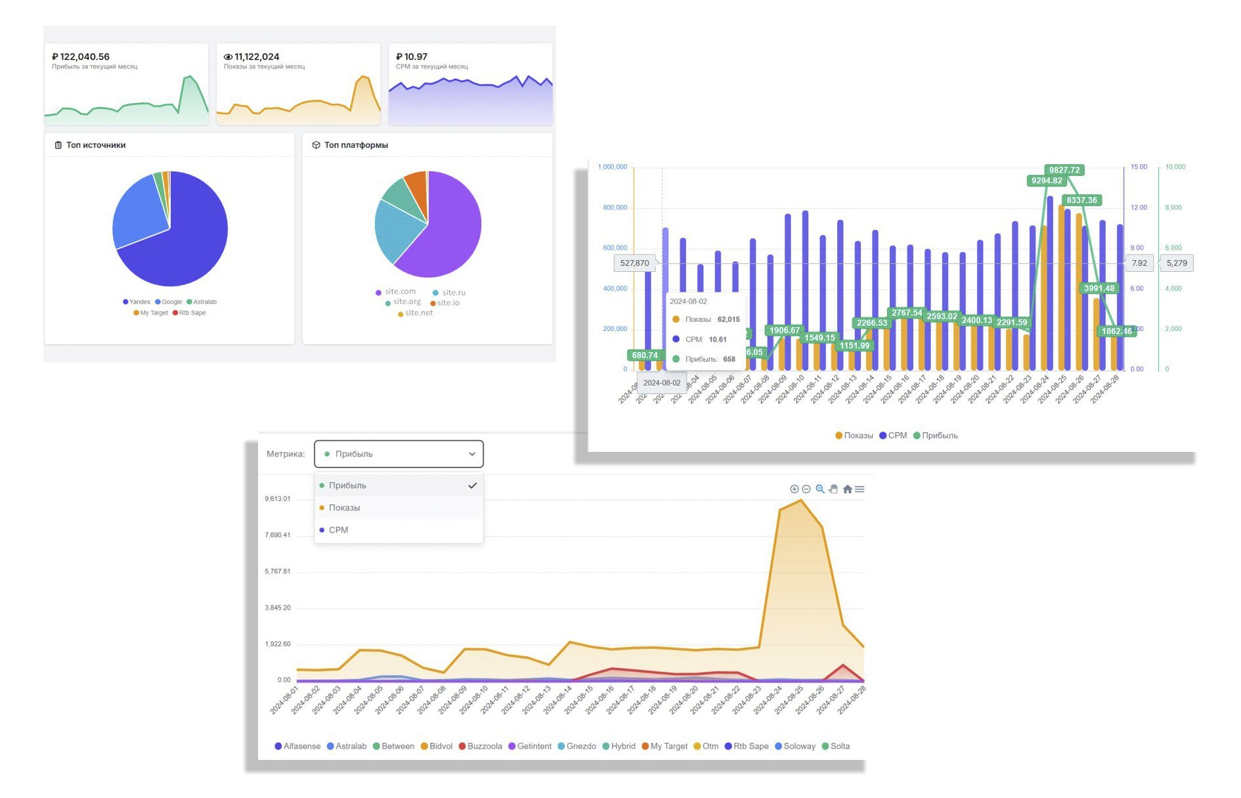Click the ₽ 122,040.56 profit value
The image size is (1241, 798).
pyautogui.click(x=81, y=57)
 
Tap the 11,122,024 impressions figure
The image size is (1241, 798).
pyautogui.click(x=256, y=57)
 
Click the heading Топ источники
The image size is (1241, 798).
pyautogui.click(x=95, y=145)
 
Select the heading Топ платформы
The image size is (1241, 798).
pyautogui.click(x=355, y=145)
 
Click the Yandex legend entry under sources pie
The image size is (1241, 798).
pyautogui.click(x=137, y=302)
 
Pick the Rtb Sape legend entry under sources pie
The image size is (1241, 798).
pyautogui.click(x=190, y=313)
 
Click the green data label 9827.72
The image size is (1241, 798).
pyautogui.click(x=1064, y=170)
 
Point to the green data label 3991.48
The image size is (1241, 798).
pyautogui.click(x=1099, y=288)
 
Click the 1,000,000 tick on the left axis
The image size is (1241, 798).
pyautogui.click(x=612, y=167)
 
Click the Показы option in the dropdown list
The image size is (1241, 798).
pyautogui.click(x=344, y=508)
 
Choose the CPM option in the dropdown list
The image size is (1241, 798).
pyautogui.click(x=338, y=530)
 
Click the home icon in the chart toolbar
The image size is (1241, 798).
pyautogui.click(x=847, y=489)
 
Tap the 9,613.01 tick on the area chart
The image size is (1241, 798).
pyautogui.click(x=277, y=499)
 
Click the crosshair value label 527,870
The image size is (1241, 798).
pyautogui.click(x=634, y=263)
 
